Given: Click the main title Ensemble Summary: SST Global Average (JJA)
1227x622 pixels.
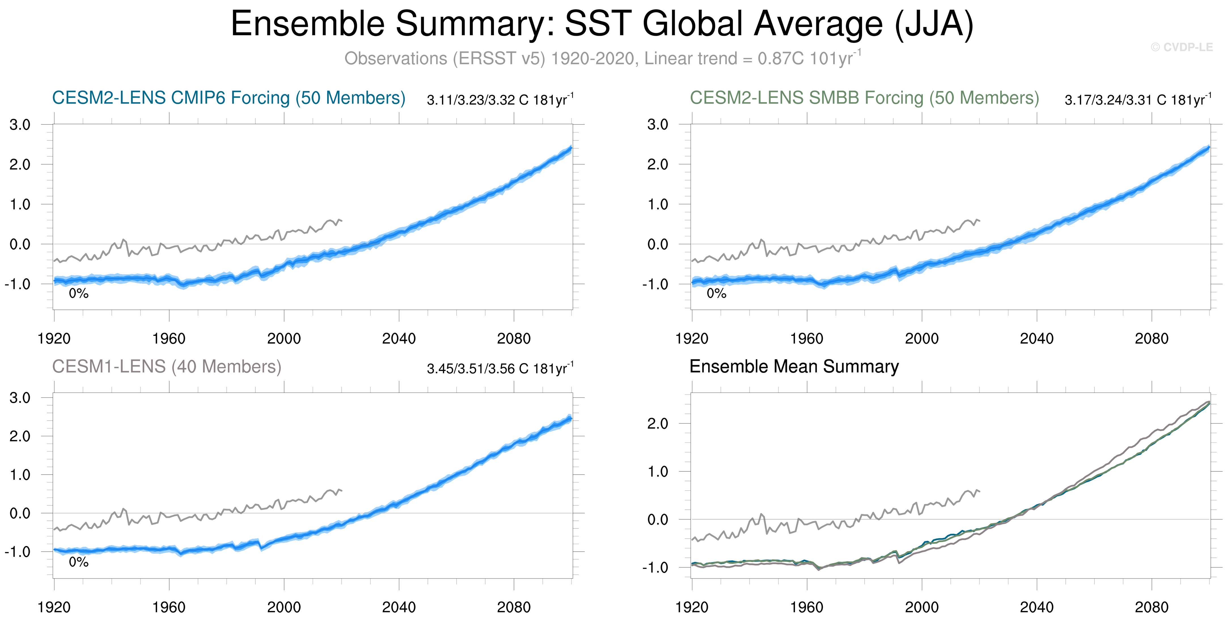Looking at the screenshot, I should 602,24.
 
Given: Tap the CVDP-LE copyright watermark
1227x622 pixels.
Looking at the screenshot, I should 1182,47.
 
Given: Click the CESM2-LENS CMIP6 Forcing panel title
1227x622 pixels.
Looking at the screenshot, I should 229,98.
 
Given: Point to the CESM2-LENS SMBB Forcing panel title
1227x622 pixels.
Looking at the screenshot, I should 864,98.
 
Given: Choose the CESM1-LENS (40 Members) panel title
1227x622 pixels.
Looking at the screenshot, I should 167,366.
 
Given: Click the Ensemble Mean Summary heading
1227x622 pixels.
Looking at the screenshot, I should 794,366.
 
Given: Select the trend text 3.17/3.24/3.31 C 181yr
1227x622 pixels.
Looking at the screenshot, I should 1137,100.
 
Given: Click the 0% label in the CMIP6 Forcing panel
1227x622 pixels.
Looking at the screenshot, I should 79,294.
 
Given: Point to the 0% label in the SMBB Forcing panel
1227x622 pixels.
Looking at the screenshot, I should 716,294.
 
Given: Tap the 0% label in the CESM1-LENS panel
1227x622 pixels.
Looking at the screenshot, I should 79,562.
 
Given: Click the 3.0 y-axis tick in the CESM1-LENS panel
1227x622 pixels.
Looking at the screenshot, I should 20,398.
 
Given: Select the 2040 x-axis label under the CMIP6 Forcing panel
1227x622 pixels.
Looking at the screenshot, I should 399,339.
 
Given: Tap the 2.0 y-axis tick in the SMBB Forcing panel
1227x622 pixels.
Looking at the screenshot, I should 658,165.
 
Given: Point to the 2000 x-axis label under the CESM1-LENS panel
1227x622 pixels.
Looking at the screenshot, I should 284,607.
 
